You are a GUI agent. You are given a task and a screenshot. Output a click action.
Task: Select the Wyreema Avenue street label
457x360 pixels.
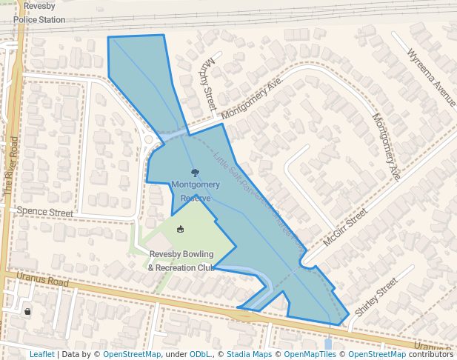(x=432, y=76)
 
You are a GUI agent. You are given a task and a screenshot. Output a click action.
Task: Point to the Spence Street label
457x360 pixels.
(x=45, y=212)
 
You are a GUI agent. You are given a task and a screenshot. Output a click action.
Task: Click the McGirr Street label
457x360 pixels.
(x=345, y=227)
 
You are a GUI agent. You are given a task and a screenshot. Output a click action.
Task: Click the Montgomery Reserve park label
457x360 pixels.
(x=196, y=190)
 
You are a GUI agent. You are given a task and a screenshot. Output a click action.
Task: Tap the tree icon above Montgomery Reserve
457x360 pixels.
(x=195, y=173)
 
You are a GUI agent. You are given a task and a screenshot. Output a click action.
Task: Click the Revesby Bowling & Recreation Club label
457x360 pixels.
(x=181, y=261)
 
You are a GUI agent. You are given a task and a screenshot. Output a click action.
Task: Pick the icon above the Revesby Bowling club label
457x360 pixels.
(x=180, y=230)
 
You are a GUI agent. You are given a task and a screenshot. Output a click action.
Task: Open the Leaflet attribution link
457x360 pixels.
(x=41, y=354)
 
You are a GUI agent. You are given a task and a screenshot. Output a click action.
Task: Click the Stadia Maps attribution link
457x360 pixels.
(x=249, y=354)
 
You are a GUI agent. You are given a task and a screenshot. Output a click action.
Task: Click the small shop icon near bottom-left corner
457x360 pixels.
(x=27, y=312)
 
